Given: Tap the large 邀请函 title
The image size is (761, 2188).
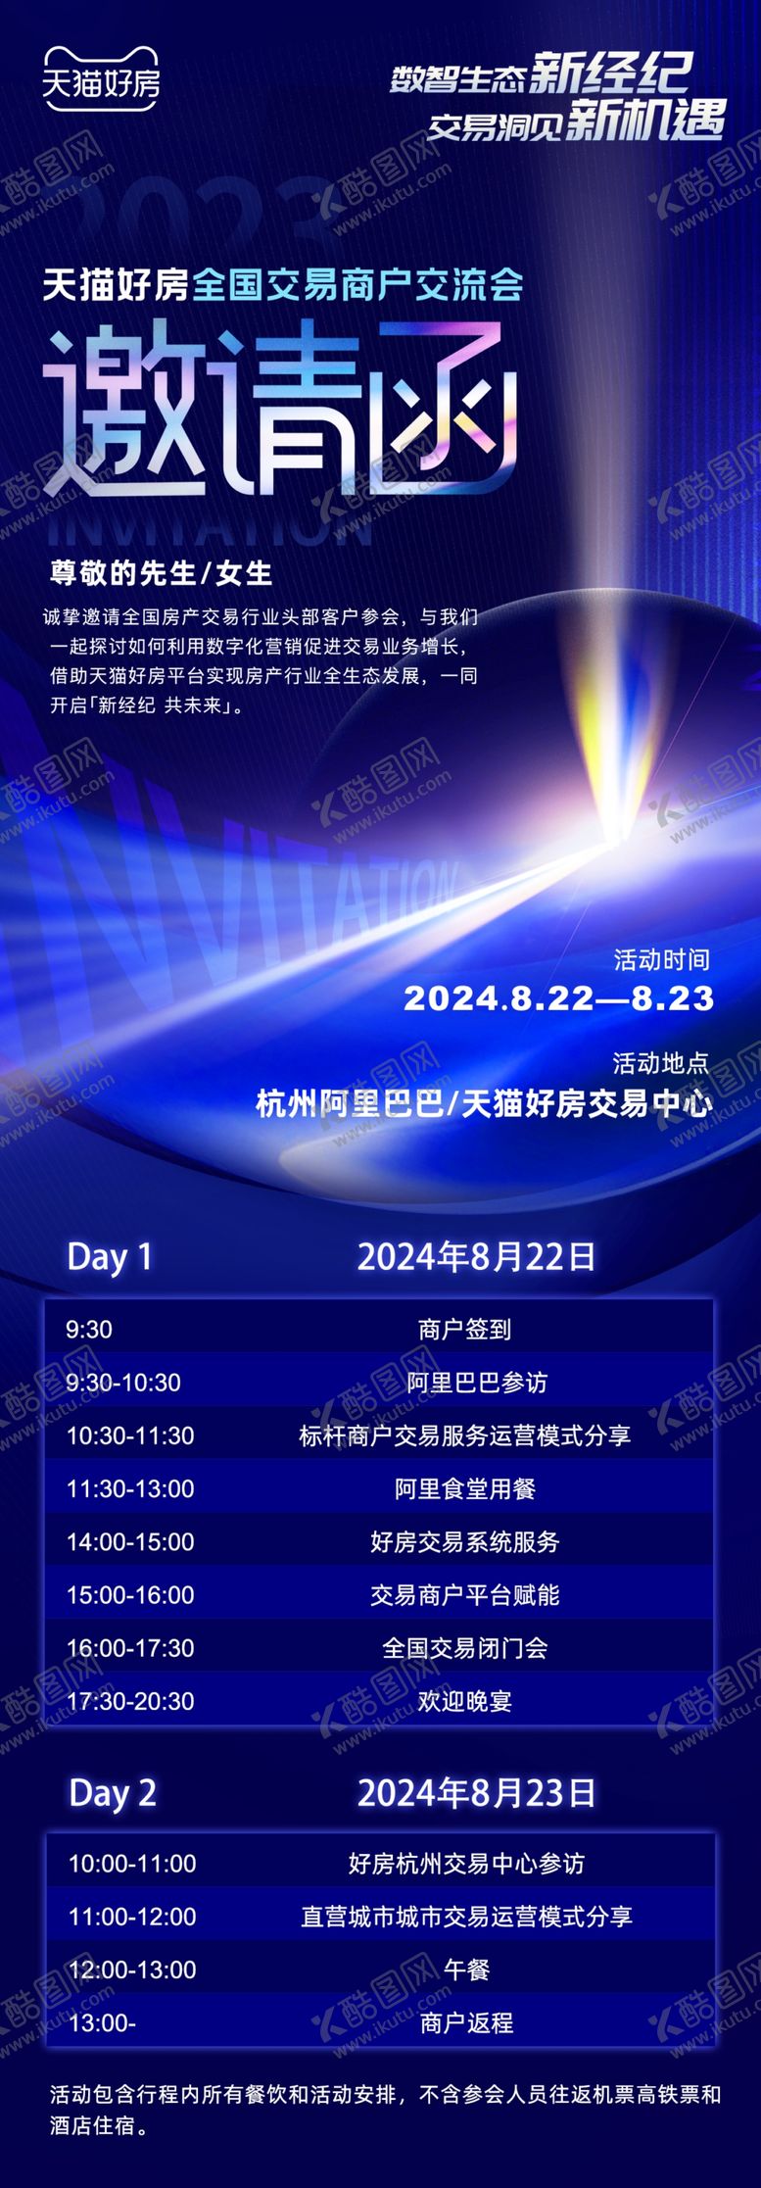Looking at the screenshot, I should pyautogui.click(x=279, y=412).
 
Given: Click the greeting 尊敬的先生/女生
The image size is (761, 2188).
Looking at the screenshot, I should pyautogui.click(x=162, y=573).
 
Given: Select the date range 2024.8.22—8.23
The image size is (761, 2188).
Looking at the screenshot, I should pyautogui.click(x=558, y=998).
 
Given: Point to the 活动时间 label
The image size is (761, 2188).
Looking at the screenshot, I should pyautogui.click(x=661, y=959).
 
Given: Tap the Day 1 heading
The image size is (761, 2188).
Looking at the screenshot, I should pyautogui.click(x=110, y=1257).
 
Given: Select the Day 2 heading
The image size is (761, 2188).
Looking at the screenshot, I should pyautogui.click(x=113, y=1793).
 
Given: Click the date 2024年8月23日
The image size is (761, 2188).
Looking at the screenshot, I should pyautogui.click(x=476, y=1793).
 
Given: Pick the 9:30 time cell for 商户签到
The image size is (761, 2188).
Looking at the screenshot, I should pyautogui.click(x=89, y=1330).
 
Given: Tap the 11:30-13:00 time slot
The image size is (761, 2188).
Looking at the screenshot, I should pyautogui.click(x=130, y=1488).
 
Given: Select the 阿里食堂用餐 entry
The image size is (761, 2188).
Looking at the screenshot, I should pyautogui.click(x=465, y=1488).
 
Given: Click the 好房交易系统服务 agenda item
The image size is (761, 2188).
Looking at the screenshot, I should pyautogui.click(x=465, y=1541).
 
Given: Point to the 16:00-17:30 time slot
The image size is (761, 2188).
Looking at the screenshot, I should pyautogui.click(x=130, y=1647).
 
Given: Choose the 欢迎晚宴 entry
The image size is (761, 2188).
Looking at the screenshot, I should pyautogui.click(x=465, y=1701).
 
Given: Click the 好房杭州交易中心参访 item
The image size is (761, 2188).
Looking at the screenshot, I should pyautogui.click(x=466, y=1863).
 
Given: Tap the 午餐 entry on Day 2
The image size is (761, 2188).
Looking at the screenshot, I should pyautogui.click(x=466, y=1969).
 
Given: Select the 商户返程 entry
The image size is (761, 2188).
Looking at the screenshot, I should pyautogui.click(x=466, y=2022).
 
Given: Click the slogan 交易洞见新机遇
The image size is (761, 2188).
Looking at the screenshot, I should pyautogui.click(x=576, y=122).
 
